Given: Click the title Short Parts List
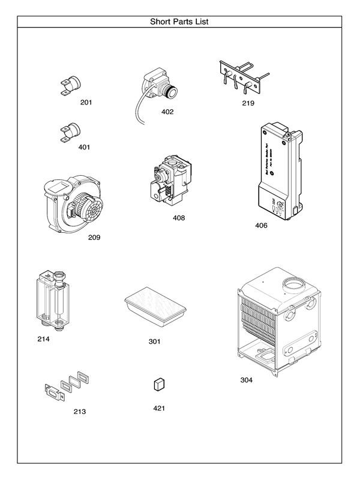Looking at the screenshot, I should (179, 22).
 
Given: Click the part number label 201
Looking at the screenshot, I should (86, 103).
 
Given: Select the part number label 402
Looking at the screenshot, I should (167, 112).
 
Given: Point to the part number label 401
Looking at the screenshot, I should (85, 147).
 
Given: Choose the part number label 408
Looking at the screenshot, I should (179, 218).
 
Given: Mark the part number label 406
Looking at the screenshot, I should (261, 226).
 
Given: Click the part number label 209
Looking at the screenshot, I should (94, 237).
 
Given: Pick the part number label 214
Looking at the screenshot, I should (43, 339).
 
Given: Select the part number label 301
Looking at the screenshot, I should (155, 341).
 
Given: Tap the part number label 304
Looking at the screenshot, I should (247, 380).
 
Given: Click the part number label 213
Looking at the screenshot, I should (79, 412).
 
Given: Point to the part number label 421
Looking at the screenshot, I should (158, 408).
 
